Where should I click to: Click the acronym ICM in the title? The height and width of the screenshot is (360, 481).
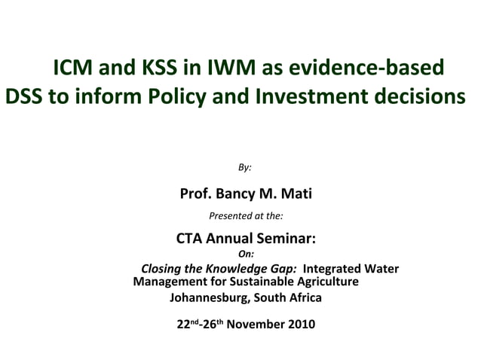pyautogui.click(x=75, y=69)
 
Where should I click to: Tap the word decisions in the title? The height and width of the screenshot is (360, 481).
pyautogui.click(x=419, y=97)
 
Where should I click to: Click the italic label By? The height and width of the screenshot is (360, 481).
pyautogui.click(x=245, y=166)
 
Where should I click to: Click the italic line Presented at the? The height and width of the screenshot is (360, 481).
pyautogui.click(x=246, y=216)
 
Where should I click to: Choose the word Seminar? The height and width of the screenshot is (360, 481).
pyautogui.click(x=284, y=239)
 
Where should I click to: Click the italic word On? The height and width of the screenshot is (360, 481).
pyautogui.click(x=246, y=255)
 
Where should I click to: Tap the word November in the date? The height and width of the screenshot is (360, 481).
pyautogui.click(x=254, y=325)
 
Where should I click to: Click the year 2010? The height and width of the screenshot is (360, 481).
pyautogui.click(x=300, y=325)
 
